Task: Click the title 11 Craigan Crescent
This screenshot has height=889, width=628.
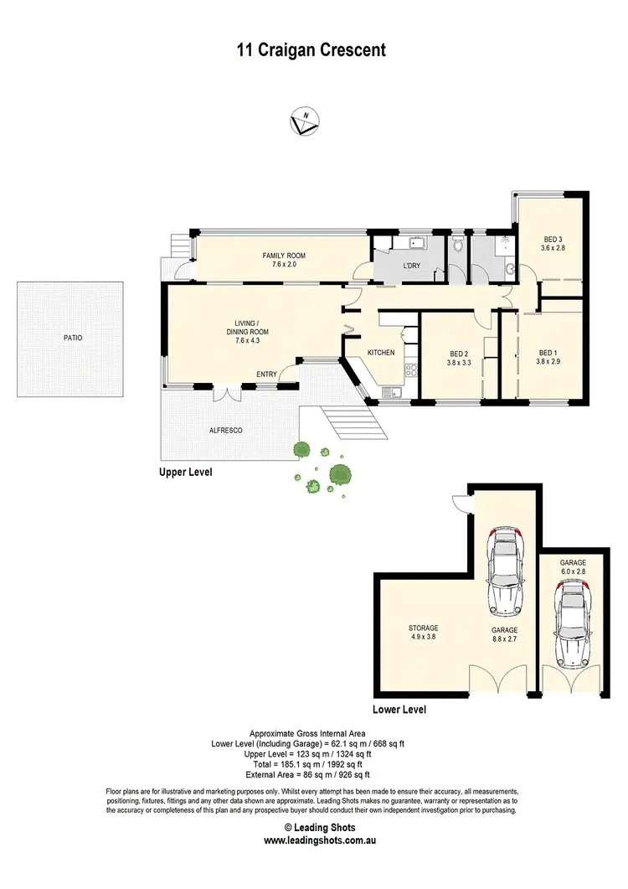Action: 311,50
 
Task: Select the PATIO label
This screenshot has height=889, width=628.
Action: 73,339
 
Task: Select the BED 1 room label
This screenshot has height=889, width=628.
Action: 548,353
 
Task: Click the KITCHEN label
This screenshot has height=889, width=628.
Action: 381,353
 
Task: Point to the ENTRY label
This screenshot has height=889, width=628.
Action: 266,375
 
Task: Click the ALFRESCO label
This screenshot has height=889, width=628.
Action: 225,430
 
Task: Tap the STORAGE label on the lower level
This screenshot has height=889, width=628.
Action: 423,628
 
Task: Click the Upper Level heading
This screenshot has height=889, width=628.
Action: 186,473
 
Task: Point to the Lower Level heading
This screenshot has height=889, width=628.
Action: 399,710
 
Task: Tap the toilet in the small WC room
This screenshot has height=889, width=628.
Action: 456,247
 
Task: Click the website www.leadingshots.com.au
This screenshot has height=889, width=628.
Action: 313,840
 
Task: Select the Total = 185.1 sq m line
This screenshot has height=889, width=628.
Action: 313,764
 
